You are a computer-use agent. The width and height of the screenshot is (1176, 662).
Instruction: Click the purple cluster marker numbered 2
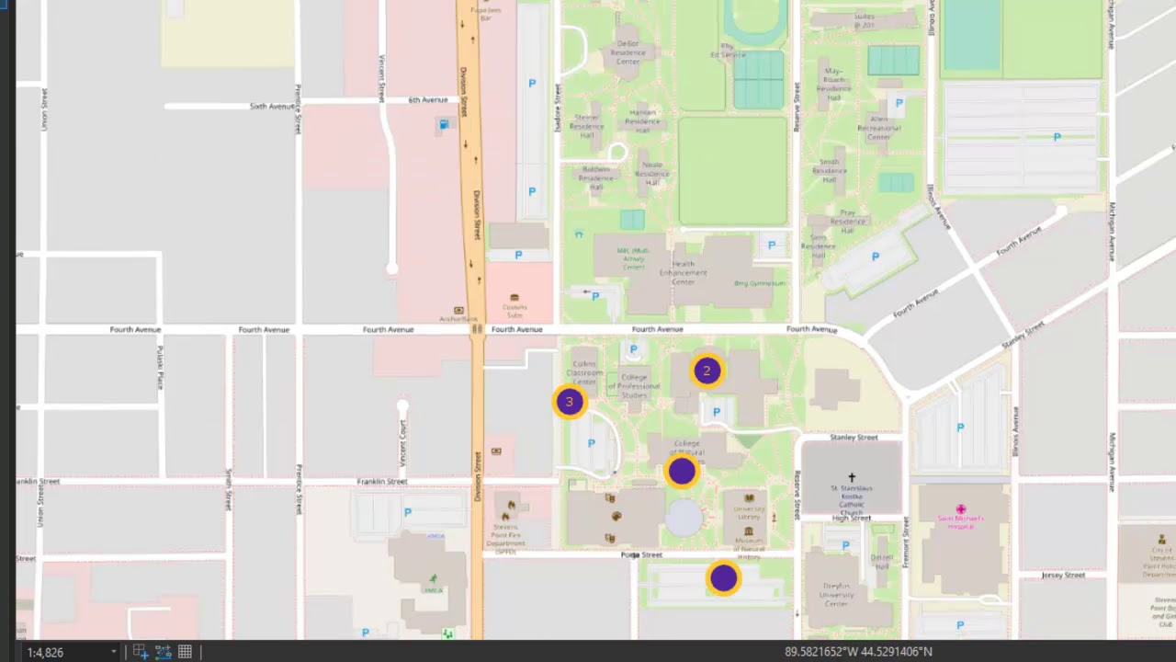point(707,371)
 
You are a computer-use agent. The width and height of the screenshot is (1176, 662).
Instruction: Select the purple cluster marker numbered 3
point(570,402)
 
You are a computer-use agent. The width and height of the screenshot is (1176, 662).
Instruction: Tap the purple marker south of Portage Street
point(724,578)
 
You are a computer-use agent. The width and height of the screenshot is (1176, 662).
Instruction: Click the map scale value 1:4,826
point(46,652)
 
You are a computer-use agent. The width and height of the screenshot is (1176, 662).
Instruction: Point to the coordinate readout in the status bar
point(858,652)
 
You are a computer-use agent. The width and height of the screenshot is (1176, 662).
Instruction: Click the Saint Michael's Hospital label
point(960,520)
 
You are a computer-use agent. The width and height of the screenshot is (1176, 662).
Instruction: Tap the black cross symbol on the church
point(852,478)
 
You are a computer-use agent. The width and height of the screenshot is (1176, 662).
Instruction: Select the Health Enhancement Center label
point(683,273)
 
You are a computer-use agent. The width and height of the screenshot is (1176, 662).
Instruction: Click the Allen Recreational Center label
point(879,129)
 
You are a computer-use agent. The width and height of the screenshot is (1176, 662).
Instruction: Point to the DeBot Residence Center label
point(628,52)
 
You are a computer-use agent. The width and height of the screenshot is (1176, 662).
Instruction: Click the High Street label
point(852,519)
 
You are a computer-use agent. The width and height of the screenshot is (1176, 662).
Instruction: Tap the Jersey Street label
point(1063,576)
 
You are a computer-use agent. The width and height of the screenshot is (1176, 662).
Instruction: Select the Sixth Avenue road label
point(272,107)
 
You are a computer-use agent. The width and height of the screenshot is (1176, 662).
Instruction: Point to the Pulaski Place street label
point(160,368)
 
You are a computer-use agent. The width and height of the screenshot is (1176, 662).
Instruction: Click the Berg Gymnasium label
point(761,283)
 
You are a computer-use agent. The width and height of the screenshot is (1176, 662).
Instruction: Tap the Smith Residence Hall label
point(830,166)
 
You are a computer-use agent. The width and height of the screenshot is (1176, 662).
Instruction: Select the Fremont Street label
point(906,542)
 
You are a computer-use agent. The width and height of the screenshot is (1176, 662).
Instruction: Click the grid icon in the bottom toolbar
point(185,652)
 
